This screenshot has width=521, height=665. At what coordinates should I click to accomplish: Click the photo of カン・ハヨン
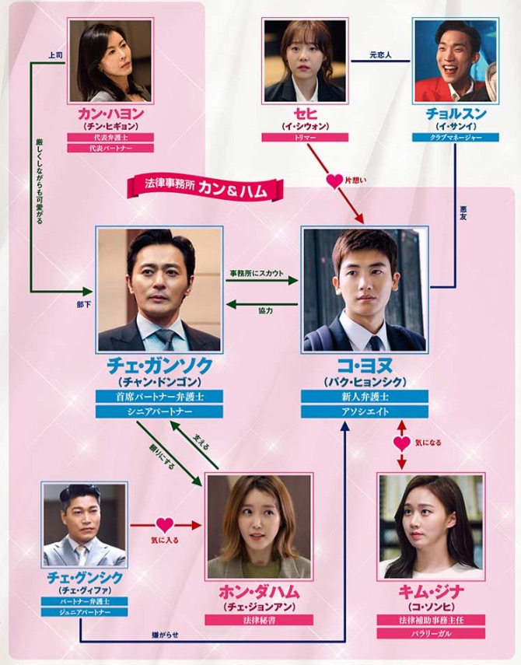point(110,61)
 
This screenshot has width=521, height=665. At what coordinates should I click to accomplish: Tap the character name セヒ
point(305,114)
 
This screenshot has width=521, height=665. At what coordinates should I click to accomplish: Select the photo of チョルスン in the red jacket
point(456,61)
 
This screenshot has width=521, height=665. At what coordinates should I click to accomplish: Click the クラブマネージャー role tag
point(456,138)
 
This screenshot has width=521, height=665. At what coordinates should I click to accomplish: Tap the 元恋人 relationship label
point(380,55)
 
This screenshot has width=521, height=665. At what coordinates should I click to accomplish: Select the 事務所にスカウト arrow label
point(257,273)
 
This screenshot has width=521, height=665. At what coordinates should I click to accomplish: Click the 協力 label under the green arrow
point(266,311)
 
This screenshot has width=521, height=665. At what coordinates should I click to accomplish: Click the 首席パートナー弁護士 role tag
point(159,397)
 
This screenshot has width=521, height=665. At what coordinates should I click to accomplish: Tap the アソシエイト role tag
point(365,411)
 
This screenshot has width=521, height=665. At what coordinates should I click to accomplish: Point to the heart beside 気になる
point(402,443)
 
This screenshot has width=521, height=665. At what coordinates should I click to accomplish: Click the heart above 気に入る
point(165,526)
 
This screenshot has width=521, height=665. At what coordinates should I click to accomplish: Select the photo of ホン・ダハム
point(259,527)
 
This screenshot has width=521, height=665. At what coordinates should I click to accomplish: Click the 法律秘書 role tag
point(259,620)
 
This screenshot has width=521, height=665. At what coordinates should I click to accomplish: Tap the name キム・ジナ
point(431,592)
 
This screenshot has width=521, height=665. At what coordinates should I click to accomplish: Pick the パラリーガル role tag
point(431,634)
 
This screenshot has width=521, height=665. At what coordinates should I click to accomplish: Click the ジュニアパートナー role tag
point(84,612)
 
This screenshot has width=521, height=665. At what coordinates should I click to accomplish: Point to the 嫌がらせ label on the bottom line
point(165,635)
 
